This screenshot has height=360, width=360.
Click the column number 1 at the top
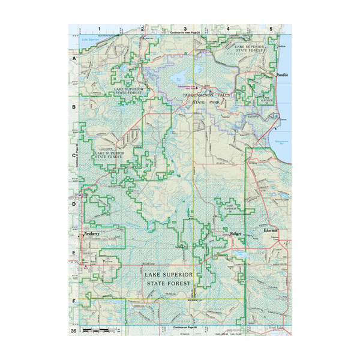(100, 28)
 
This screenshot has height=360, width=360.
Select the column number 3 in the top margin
(185, 28)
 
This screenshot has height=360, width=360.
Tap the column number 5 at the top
(271, 28)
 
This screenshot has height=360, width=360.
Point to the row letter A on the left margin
(74, 60)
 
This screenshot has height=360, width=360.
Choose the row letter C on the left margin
(74, 156)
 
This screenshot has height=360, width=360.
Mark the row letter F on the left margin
(74, 301)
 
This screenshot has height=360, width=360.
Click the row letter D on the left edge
(74, 204)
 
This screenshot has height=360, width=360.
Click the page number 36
(73, 331)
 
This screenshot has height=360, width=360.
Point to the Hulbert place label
(235, 233)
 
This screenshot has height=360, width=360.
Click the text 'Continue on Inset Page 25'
(185, 32)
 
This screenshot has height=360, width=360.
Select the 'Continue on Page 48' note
(185, 328)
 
